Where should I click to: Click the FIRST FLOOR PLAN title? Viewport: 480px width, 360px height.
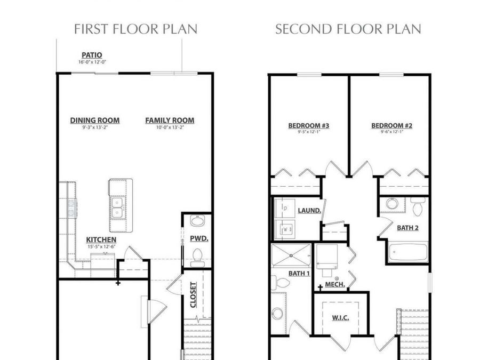pos(135,29)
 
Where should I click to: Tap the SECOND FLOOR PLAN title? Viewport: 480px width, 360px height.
pos(348,29)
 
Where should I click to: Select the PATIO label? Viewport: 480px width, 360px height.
pos(92,55)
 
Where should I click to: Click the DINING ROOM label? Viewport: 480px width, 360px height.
pos(95,121)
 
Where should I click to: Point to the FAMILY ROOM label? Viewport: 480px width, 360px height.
pos(170,121)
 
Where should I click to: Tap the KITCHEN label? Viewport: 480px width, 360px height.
pos(101,240)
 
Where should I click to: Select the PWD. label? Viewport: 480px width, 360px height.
pos(199,238)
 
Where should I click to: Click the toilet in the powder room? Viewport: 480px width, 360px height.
pos(198,256)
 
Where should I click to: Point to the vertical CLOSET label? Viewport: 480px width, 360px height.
pos(194,295)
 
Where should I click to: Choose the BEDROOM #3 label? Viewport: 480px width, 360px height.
pos(308,126)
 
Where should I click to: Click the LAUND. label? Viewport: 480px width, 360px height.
pos(309,211)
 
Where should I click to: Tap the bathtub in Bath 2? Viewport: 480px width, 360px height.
pos(408,252)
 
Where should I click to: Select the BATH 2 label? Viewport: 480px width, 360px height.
pos(408,228)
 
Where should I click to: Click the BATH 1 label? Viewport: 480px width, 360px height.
pos(299,274)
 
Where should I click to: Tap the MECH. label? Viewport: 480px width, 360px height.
pos(334,285)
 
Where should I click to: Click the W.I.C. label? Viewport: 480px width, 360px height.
pos(340,318)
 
